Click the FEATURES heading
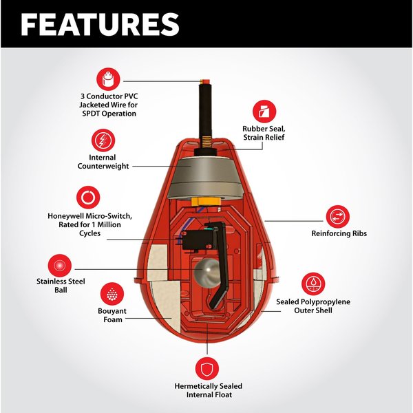click(100, 23)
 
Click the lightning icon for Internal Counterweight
click(103, 142)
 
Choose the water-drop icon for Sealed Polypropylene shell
click(313, 284)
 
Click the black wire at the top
click(204, 110)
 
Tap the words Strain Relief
click(265, 138)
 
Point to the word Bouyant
click(111, 312)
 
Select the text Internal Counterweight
click(103, 162)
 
